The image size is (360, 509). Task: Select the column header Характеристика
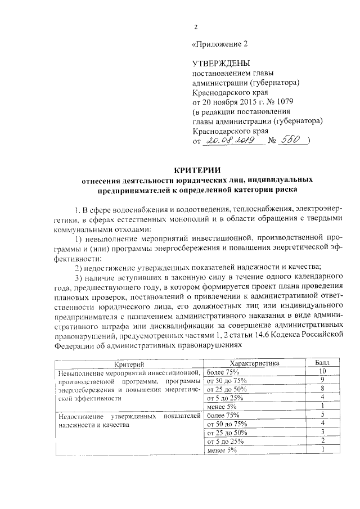pyautogui.click(x=254, y=363)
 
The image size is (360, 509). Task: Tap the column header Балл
pyautogui.click(x=322, y=363)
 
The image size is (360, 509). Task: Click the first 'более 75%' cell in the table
pyautogui.click(x=223, y=372)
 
